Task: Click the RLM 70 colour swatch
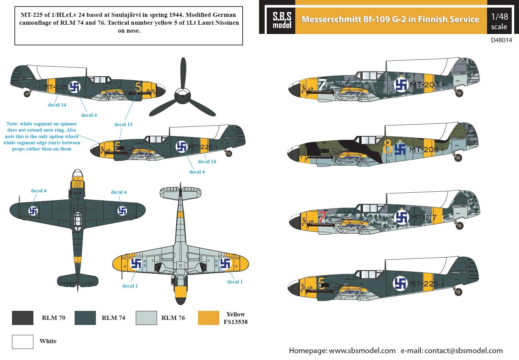point(22,318)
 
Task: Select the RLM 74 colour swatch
point(85,318)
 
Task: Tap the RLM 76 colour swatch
point(146,318)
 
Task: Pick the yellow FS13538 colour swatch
point(208,318)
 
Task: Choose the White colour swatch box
point(22,342)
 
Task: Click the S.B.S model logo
point(282,20)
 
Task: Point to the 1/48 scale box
point(499,21)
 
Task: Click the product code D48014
point(501,40)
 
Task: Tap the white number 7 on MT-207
point(322,85)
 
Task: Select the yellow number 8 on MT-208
point(387,147)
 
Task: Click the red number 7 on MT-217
point(321,217)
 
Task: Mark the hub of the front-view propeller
point(183,95)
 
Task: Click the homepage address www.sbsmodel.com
point(362,350)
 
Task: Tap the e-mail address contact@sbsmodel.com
point(463,350)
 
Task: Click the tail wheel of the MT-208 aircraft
point(458,158)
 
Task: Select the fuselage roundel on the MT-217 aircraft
point(401,217)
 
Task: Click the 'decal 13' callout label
point(123,124)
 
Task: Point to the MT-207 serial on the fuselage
point(425,85)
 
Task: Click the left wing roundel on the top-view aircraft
point(33,211)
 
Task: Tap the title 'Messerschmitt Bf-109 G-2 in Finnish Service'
point(390,20)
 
